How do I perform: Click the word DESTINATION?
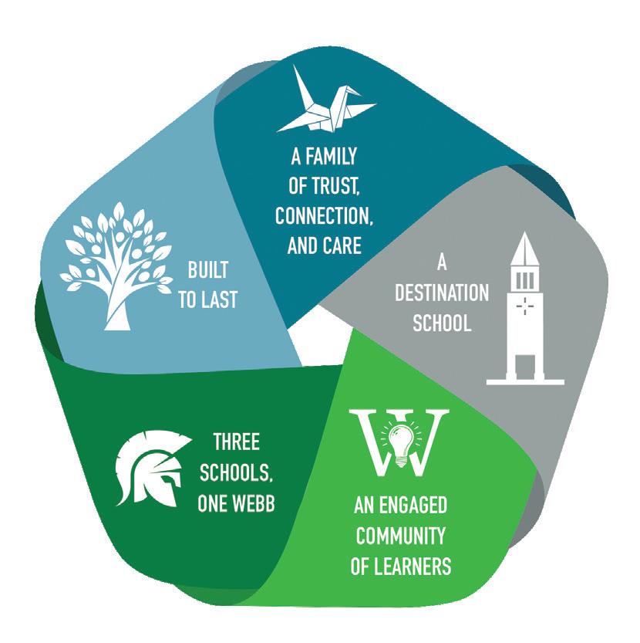coord(441,293)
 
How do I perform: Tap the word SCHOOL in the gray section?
coord(442,323)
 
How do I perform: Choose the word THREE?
coord(236,442)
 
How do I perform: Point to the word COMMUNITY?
coord(400,536)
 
